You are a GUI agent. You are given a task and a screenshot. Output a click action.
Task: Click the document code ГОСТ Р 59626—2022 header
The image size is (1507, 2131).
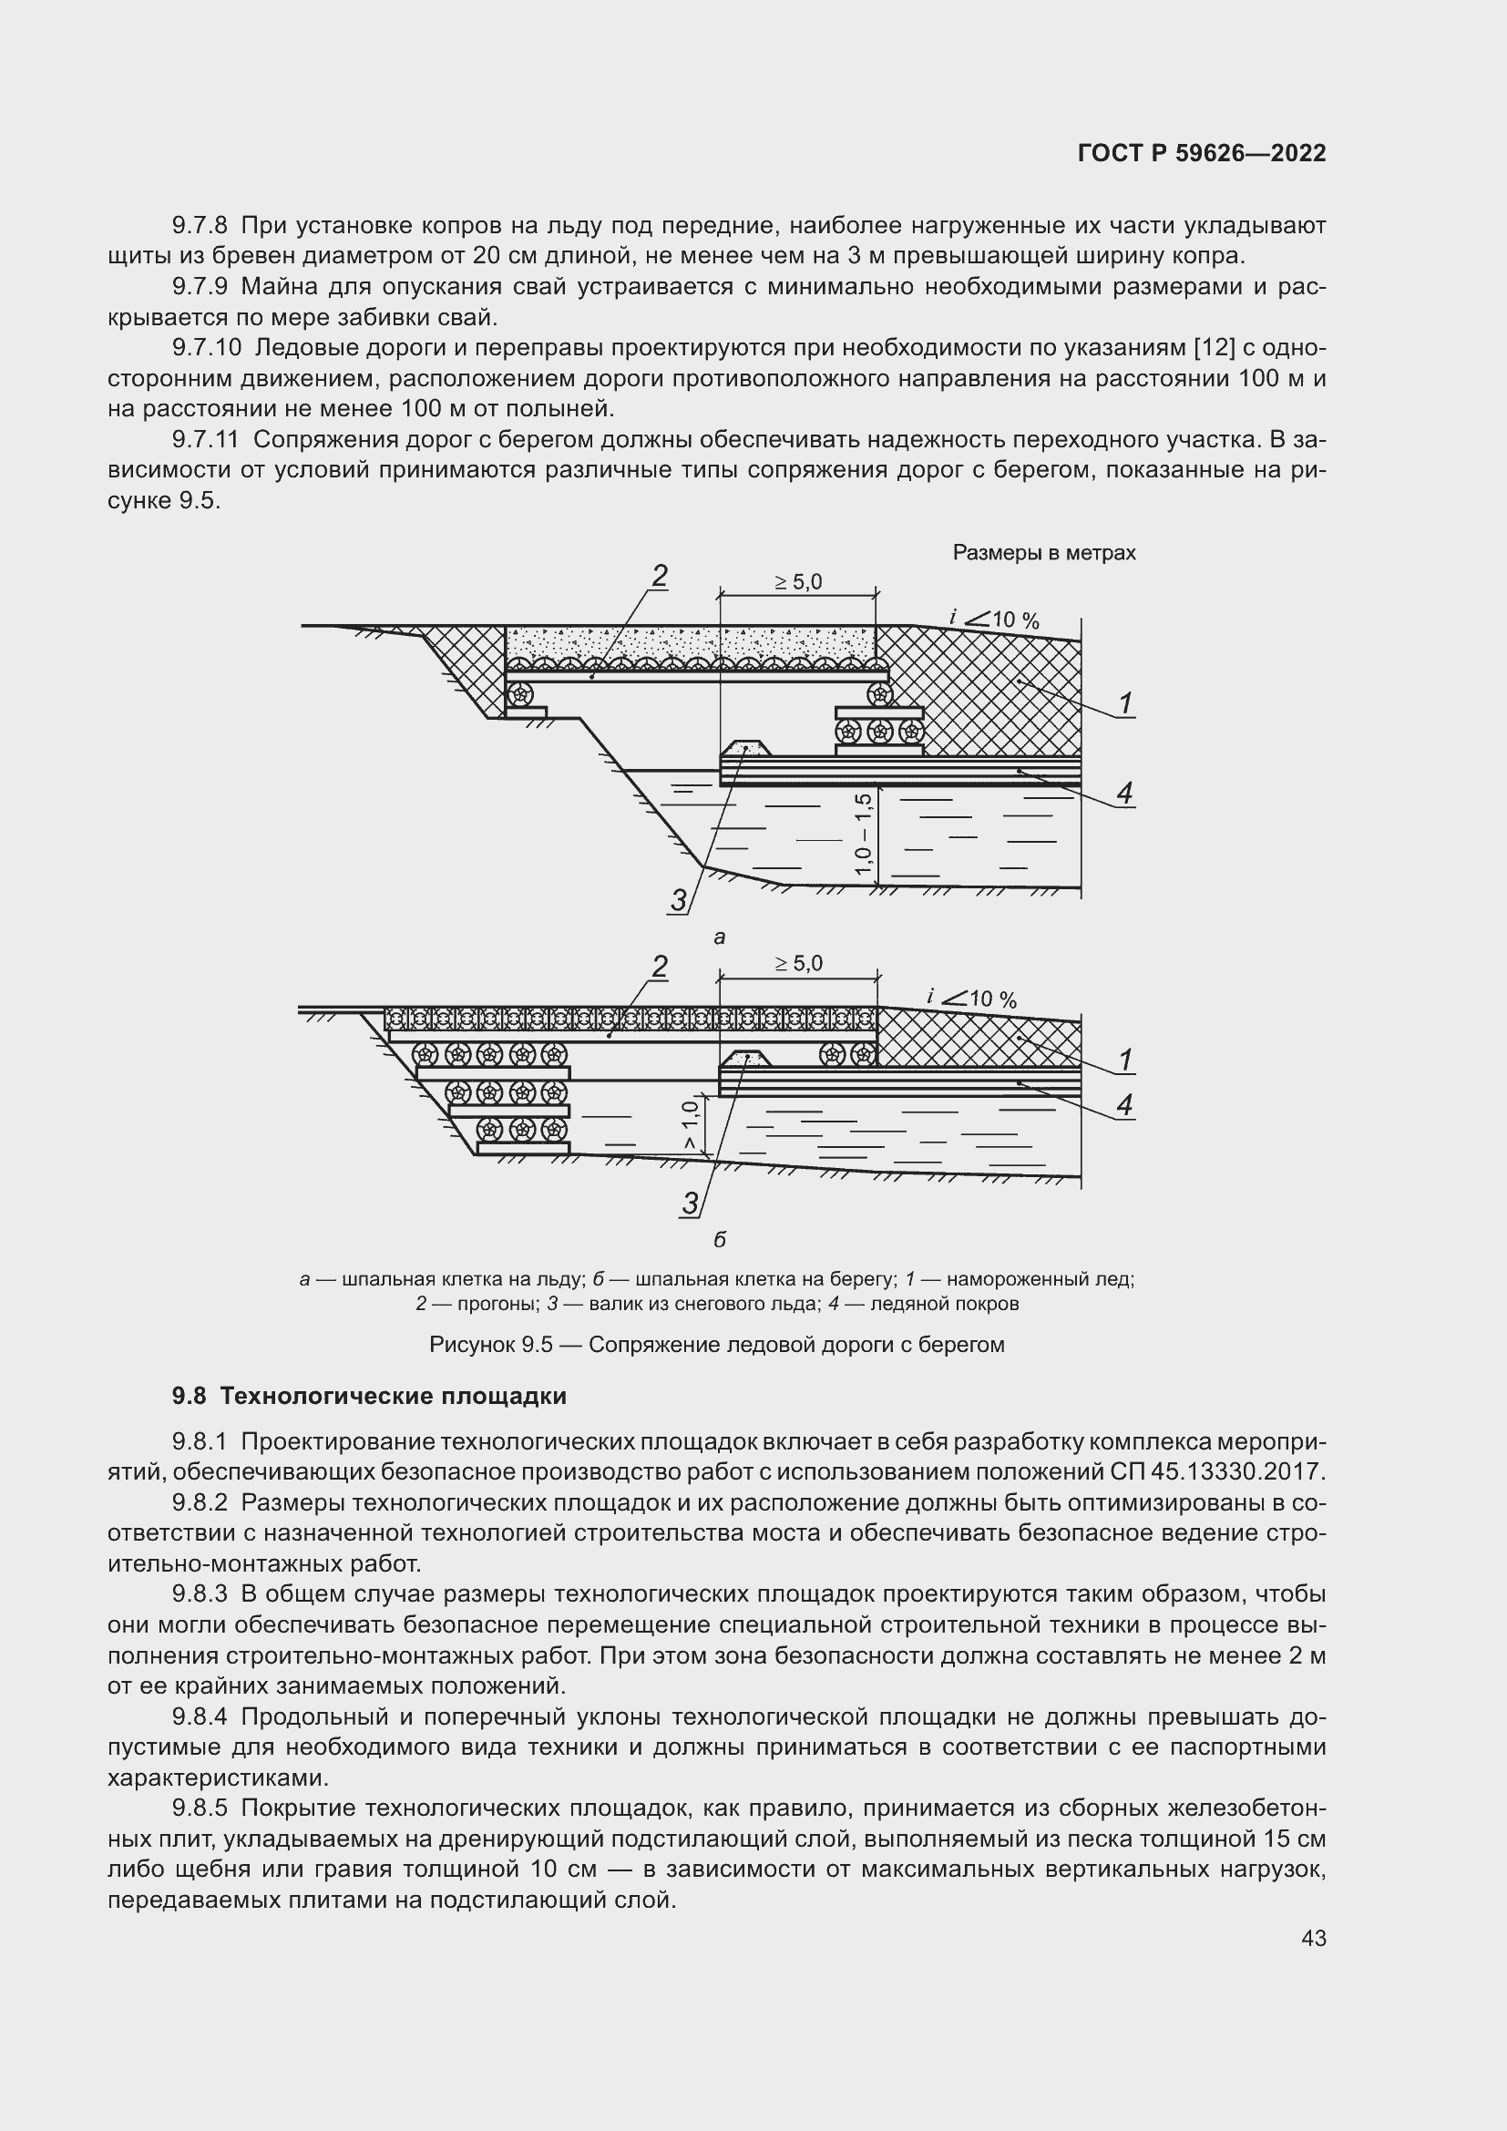point(1202,154)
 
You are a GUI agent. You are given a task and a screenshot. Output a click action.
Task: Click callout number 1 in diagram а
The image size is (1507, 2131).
point(1125,703)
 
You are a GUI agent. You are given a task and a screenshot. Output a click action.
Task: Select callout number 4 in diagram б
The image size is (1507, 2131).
point(1124,1104)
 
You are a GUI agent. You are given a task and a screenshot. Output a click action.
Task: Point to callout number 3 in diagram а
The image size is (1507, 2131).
point(680,899)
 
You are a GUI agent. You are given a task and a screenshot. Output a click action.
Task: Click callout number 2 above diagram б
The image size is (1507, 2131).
point(659,968)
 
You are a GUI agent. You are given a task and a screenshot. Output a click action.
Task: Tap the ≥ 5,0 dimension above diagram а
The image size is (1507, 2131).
point(798,583)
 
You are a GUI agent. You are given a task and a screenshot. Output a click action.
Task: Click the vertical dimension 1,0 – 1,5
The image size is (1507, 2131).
point(864,833)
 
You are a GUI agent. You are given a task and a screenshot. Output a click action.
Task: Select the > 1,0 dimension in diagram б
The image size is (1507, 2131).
point(690,1126)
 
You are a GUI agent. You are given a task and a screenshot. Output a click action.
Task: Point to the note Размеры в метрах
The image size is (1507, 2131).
point(1044,553)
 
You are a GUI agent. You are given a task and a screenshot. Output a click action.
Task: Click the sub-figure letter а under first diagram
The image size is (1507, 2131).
point(719,937)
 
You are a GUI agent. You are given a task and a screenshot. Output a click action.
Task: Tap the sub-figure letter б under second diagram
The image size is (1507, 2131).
point(719,1239)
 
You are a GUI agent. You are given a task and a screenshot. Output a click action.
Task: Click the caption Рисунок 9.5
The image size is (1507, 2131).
point(716,1345)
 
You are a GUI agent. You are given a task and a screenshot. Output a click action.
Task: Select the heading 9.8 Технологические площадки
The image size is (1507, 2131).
point(368,1396)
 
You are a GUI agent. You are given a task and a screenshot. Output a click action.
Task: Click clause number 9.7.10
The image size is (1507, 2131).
point(206,348)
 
